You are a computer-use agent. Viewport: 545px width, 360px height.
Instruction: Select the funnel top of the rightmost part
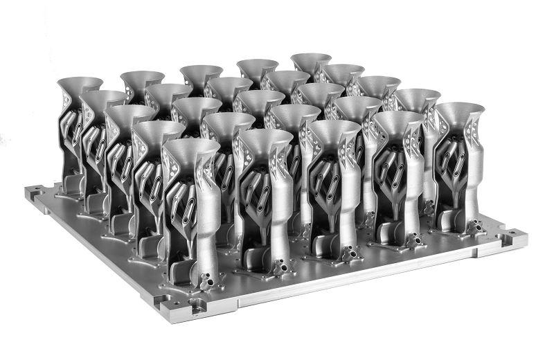coord(460,111)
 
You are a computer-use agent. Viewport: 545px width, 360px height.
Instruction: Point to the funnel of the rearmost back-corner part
coord(311,60)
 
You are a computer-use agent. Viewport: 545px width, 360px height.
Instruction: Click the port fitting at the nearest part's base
coord(207,280)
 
